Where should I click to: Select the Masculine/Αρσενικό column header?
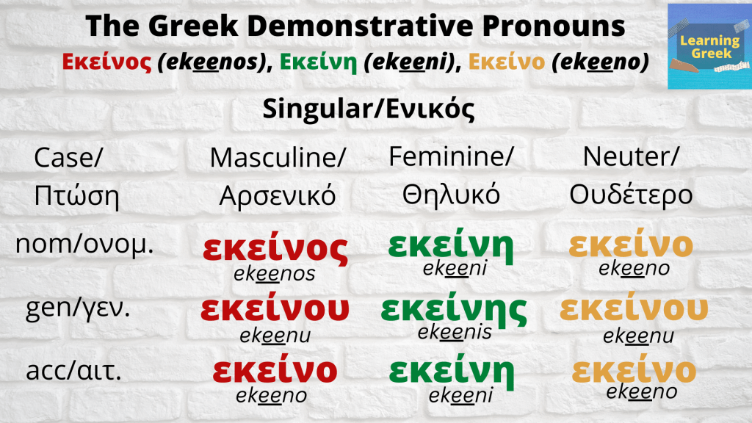click(278, 176)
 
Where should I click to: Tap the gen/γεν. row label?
click(77, 308)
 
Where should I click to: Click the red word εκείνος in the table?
click(275, 250)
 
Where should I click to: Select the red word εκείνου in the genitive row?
click(275, 311)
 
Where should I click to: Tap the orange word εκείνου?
click(634, 310)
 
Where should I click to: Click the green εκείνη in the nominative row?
click(450, 245)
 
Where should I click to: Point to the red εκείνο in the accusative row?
click(275, 370)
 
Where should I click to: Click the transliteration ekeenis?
click(455, 333)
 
